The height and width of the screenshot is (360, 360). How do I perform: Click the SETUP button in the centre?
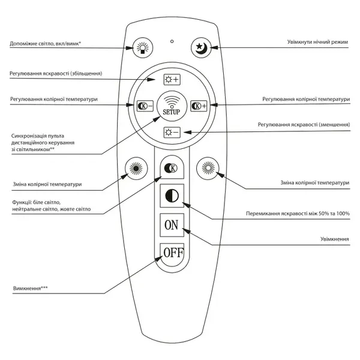172,106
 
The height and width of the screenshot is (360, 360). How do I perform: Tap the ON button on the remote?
172,225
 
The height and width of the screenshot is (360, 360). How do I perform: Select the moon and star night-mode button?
202,48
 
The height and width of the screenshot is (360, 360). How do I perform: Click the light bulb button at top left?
143,48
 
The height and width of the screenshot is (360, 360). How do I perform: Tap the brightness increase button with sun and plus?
172,80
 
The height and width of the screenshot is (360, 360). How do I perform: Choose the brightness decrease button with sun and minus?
172,133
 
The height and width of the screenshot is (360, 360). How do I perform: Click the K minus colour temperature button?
145,106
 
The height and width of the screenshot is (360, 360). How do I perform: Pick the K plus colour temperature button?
199,106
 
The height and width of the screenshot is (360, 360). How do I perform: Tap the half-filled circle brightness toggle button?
172,196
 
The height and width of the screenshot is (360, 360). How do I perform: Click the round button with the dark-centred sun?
136,169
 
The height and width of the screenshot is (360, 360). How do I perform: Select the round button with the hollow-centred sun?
208,169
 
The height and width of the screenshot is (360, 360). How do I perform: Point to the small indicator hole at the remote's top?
172,41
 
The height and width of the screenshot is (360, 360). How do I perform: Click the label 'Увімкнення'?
335,239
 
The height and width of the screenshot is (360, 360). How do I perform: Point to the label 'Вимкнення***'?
31,288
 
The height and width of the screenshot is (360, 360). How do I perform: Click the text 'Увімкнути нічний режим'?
317,42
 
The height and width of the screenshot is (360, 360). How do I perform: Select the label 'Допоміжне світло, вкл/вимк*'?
45,44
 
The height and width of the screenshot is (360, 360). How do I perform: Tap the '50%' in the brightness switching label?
324,214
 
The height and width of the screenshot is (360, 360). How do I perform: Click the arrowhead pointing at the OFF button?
159,259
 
